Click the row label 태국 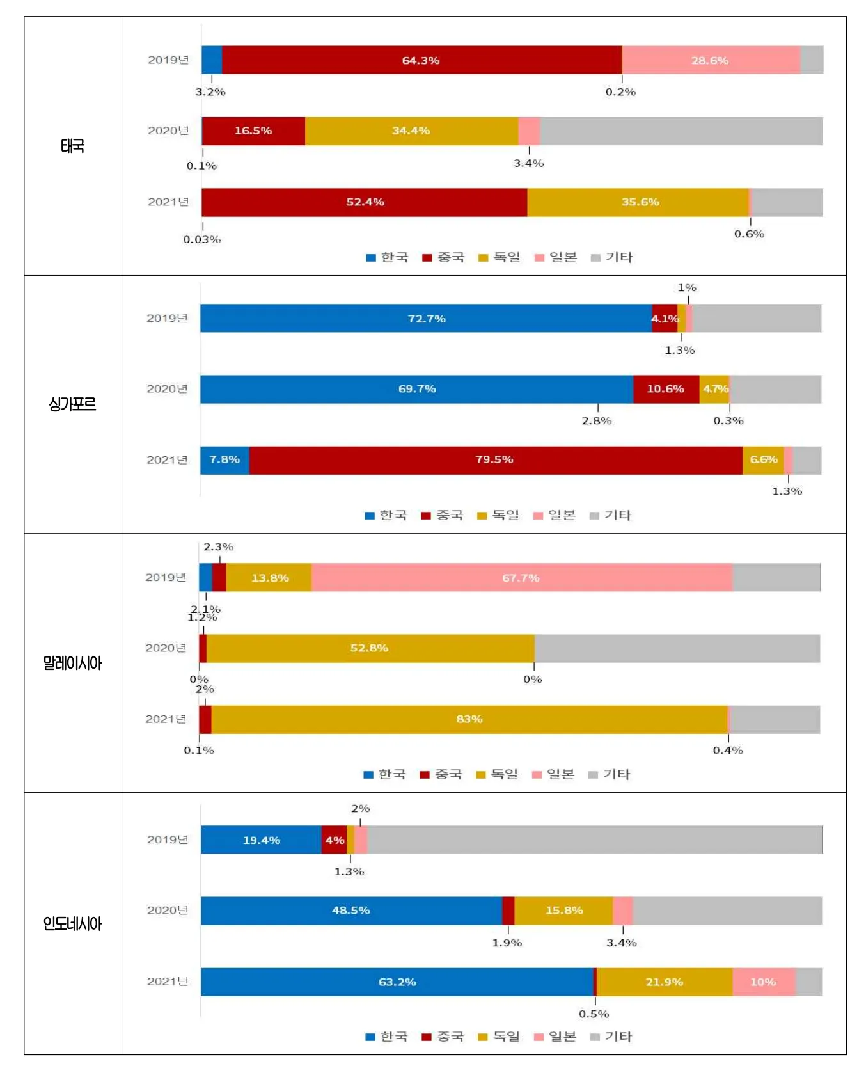click(x=72, y=146)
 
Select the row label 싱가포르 click(x=72, y=404)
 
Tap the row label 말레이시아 click(x=72, y=663)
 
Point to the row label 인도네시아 click(x=72, y=923)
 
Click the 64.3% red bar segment click(x=421, y=60)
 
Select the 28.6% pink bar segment click(x=710, y=60)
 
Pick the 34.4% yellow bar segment click(x=411, y=131)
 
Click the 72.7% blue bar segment click(x=426, y=319)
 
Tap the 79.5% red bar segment click(x=494, y=460)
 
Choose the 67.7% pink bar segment click(x=521, y=578)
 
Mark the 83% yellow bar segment click(x=469, y=719)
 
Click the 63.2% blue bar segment click(x=397, y=982)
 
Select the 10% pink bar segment click(x=763, y=982)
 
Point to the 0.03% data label click(x=202, y=240)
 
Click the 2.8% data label click(x=596, y=421)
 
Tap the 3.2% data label click(x=210, y=92)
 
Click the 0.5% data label click(x=594, y=1014)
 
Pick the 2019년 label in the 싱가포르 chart click(x=167, y=319)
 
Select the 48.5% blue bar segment click(x=350, y=911)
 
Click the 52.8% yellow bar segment click(x=369, y=648)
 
